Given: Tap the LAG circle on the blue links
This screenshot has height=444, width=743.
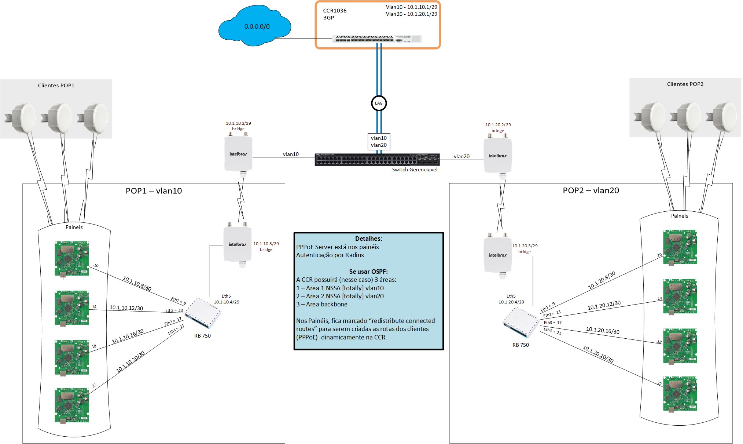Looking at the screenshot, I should click(x=379, y=103).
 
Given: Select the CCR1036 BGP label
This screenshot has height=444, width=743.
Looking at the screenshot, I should click(x=334, y=14).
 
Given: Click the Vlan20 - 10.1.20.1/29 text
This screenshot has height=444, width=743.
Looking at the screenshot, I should click(x=411, y=14).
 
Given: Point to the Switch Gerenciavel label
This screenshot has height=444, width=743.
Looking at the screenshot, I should click(x=415, y=170).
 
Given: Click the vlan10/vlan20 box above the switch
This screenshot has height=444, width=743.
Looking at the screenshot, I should click(x=379, y=142).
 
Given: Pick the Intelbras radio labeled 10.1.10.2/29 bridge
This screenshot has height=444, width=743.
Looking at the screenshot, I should click(x=238, y=154).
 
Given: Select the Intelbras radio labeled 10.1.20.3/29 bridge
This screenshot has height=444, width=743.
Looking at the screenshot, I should click(x=497, y=255).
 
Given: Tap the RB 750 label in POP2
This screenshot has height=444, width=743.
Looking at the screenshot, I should click(x=521, y=345).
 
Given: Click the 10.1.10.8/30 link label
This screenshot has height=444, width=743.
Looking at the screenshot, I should click(x=137, y=284).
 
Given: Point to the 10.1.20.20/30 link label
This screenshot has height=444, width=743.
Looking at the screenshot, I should click(x=598, y=354).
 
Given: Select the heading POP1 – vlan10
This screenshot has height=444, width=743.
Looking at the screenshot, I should click(x=154, y=191).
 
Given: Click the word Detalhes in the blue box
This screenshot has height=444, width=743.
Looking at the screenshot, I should click(x=368, y=239).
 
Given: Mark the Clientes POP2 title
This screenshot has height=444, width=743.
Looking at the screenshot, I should click(x=685, y=84).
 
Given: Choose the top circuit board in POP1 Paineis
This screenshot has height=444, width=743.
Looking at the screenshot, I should click(x=72, y=258).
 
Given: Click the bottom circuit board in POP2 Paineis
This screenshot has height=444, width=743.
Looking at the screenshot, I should click(x=680, y=394).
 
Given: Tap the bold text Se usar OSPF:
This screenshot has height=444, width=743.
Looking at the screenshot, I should click(x=368, y=272).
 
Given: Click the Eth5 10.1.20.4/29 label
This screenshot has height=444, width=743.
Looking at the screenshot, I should click(x=511, y=299).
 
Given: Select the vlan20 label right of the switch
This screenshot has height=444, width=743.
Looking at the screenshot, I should click(x=461, y=156).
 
